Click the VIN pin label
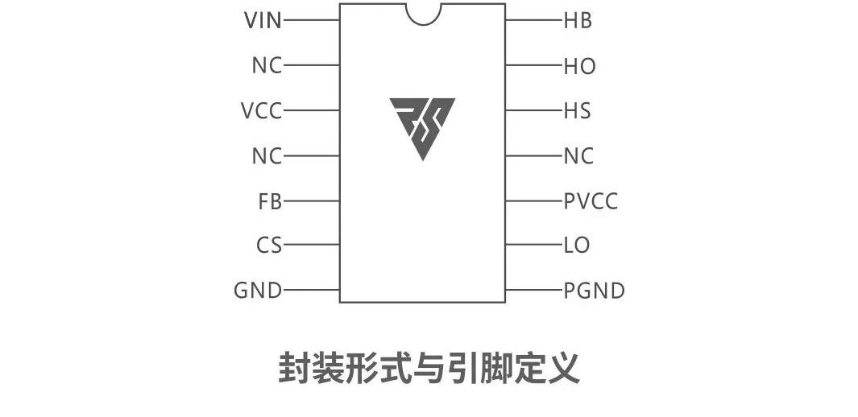(263, 20)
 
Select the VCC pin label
(261, 110)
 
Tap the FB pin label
(270, 201)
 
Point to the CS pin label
(270, 245)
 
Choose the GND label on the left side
(258, 290)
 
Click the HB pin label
(578, 21)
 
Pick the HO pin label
(579, 66)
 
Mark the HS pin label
(578, 110)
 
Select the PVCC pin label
(591, 201)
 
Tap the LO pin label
(577, 245)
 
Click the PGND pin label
(594, 290)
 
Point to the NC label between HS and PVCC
(578, 155)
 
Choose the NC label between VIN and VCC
(267, 65)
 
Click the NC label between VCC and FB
(267, 155)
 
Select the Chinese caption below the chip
(429, 370)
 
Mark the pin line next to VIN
(311, 20)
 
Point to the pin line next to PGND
(534, 289)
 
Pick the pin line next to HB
(534, 20)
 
